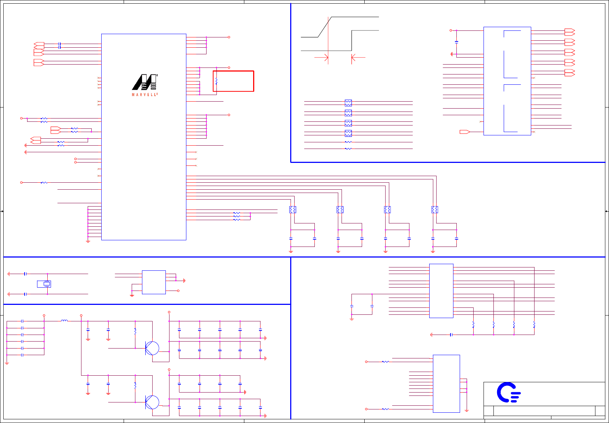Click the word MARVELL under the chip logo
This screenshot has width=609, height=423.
click(145, 95)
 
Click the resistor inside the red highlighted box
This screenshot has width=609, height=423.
click(216, 81)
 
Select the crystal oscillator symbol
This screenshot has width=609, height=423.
click(47, 284)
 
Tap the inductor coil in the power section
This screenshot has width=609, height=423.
click(64, 321)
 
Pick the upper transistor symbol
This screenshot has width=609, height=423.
click(152, 348)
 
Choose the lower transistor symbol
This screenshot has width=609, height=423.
click(152, 402)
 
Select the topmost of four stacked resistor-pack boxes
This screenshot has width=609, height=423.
click(348, 103)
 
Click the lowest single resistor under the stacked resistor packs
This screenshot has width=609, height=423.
click(348, 149)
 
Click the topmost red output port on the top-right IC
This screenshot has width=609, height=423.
click(570, 32)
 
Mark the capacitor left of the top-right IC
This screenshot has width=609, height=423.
click(456, 42)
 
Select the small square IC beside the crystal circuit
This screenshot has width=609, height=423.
click(154, 282)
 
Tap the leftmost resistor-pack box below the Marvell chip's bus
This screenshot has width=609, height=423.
click(292, 209)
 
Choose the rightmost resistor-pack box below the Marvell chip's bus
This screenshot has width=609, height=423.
click(434, 209)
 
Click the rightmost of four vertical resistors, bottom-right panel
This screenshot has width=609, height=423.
click(534, 325)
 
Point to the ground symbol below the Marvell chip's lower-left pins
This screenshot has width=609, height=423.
click(88, 241)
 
